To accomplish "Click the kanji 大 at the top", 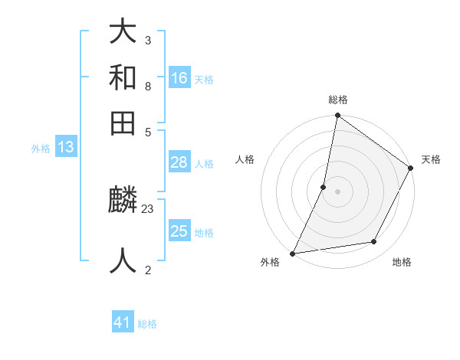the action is (x=123, y=32).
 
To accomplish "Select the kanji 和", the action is (x=123, y=77).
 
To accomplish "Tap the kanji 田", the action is (x=123, y=123).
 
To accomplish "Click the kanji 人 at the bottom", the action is (x=123, y=260).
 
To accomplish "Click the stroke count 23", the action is (x=148, y=208).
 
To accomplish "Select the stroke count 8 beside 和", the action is (x=147, y=86).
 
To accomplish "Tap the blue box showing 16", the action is (x=179, y=78).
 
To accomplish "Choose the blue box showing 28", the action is (x=179, y=162).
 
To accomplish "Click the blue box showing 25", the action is (x=179, y=231).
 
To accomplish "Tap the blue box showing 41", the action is (x=123, y=322).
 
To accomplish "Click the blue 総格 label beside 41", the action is (x=147, y=324).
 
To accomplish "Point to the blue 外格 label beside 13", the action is (x=41, y=149).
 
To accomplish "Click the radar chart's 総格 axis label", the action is (x=338, y=100).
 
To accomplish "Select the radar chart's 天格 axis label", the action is (x=431, y=159).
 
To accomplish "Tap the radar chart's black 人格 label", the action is (x=245, y=159).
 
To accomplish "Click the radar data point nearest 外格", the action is (x=293, y=253).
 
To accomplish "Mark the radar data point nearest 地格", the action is (x=374, y=242).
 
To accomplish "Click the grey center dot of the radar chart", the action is (x=338, y=191).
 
